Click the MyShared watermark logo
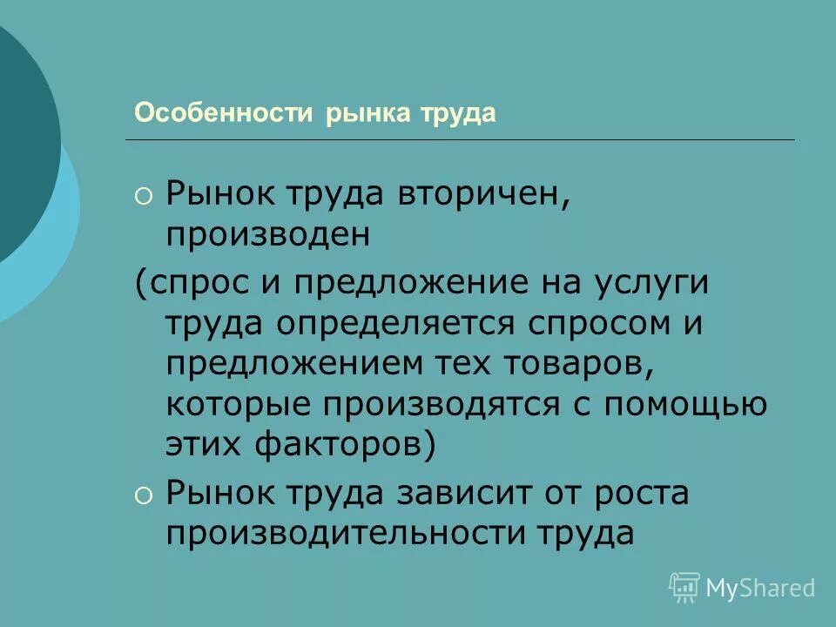click(x=742, y=588)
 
